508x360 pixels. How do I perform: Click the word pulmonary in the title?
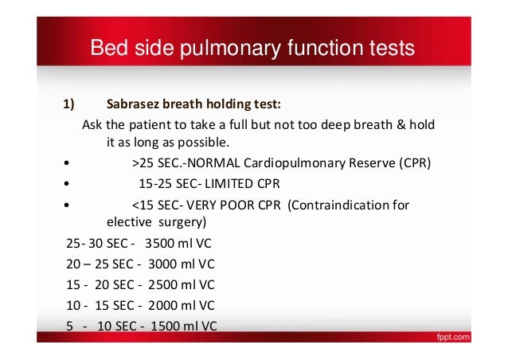point(231,49)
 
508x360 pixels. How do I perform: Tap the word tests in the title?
point(392,48)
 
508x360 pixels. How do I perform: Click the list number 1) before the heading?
point(68,104)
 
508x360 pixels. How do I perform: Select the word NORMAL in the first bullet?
point(214,162)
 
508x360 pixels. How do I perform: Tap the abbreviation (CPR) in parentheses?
point(415,162)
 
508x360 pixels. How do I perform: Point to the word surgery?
point(182,222)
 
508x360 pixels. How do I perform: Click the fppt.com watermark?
point(453,338)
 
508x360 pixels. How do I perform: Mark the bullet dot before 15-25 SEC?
point(67,184)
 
